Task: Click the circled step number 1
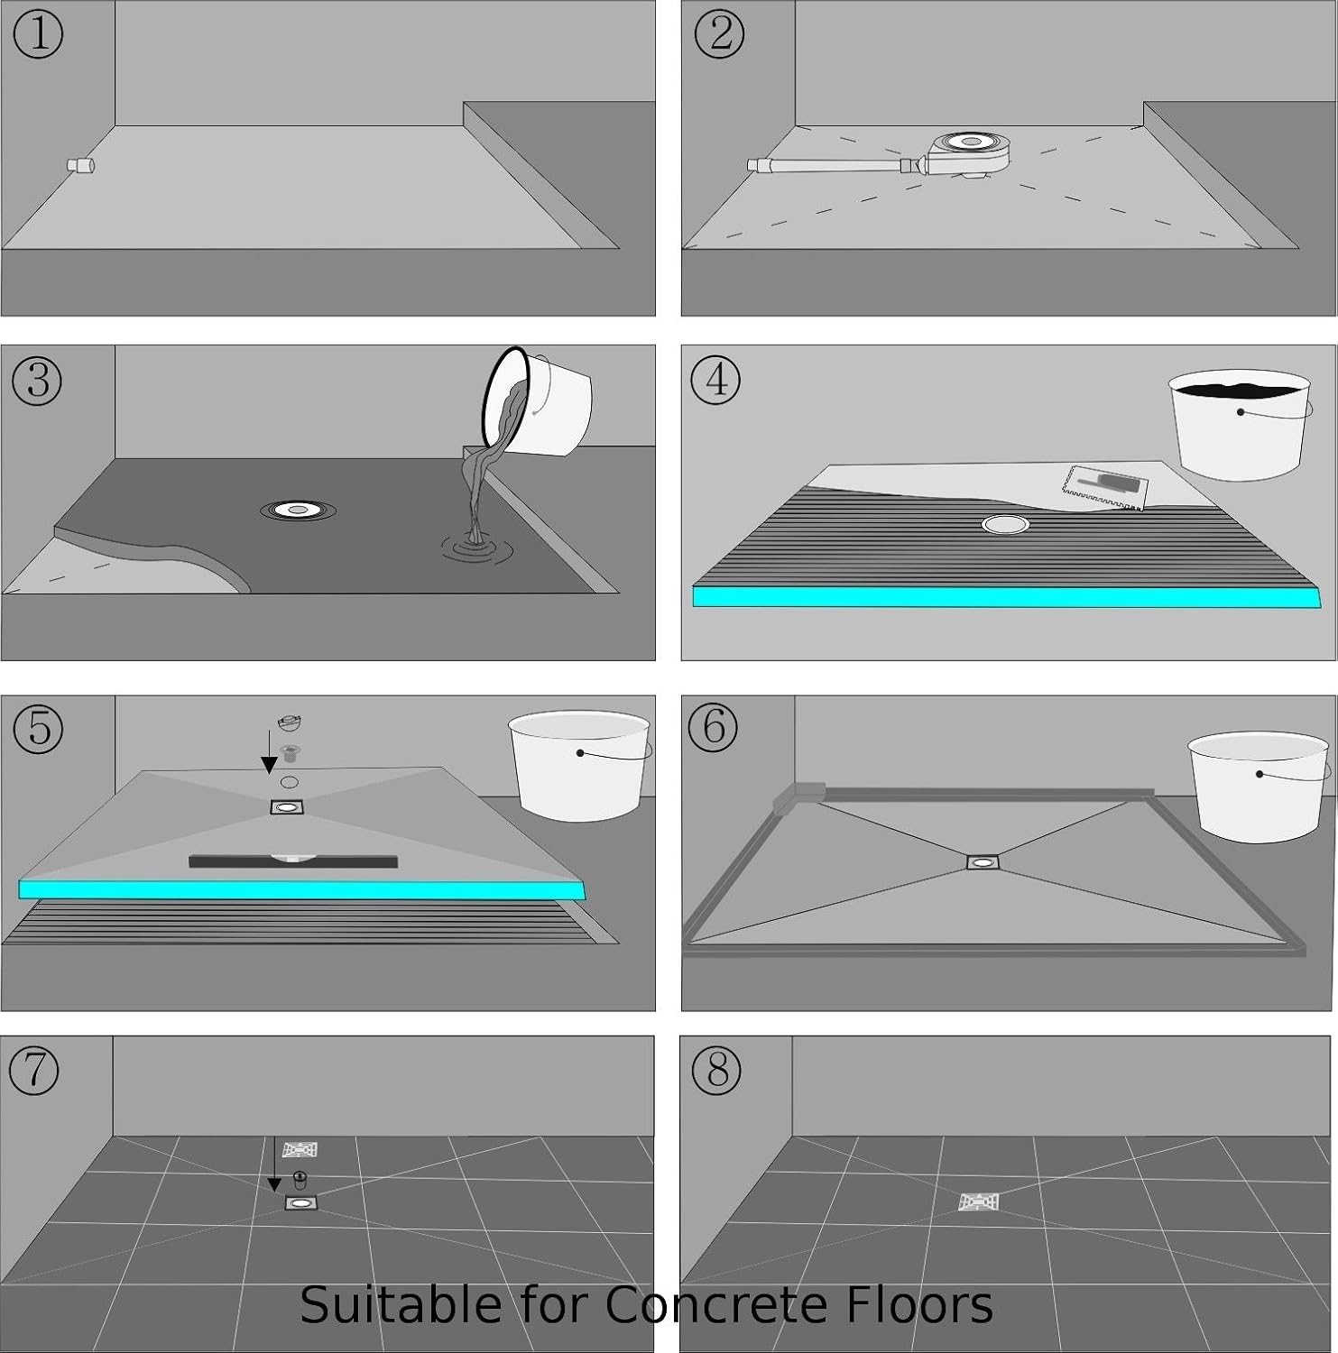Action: coord(38,34)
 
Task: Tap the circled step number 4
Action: coord(715,379)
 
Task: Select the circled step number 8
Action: coord(716,1071)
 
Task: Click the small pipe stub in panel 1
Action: coord(82,165)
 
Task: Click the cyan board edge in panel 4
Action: coord(1006,597)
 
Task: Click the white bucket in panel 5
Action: coord(579,765)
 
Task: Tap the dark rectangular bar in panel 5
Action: coord(292,861)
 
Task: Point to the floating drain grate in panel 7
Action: coord(300,1150)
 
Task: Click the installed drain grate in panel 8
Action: coord(978,1202)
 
